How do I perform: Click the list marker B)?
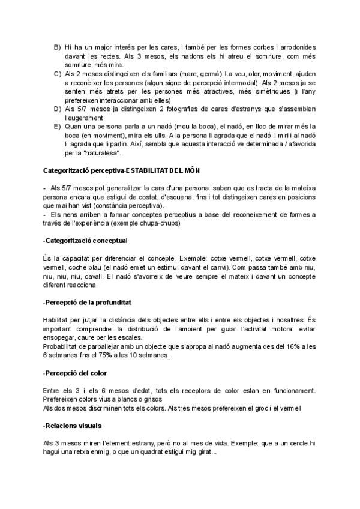57,47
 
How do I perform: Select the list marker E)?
57,127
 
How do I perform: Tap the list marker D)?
57,109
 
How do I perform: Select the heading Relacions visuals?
73,426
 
